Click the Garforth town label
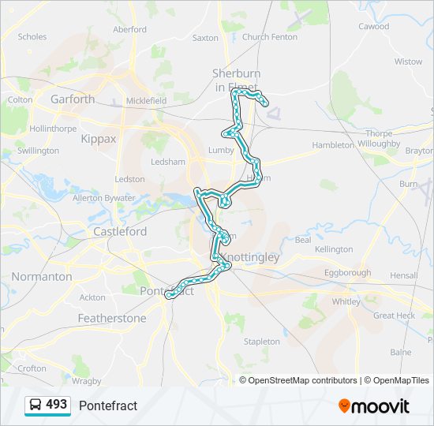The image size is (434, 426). [72, 99]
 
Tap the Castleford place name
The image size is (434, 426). [119, 232]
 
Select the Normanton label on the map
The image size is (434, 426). [41, 277]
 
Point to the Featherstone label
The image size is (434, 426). [111, 319]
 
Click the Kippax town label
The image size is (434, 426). [98, 139]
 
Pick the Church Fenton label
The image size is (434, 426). [270, 37]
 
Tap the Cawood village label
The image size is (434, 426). [373, 26]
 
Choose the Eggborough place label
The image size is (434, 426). [347, 273]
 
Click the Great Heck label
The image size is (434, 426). [394, 316]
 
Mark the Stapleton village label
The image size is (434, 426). [261, 342]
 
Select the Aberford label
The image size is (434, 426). [129, 29]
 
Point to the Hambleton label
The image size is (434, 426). [333, 145]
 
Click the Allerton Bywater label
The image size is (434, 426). [103, 197]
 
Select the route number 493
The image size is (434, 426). [57, 405]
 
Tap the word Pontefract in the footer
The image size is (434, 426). [108, 405]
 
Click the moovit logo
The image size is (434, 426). [374, 405]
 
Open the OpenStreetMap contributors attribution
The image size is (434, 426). [302, 380]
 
